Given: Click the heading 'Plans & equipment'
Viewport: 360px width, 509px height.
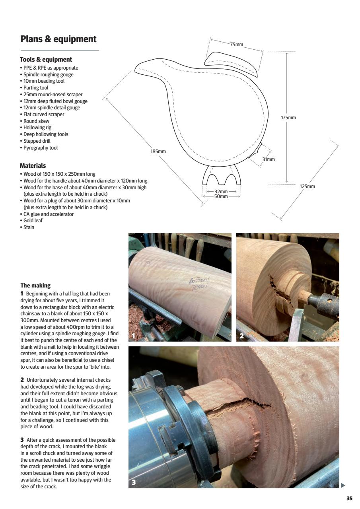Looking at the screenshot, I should (x=58, y=39).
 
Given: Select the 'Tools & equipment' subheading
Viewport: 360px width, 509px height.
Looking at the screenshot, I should (x=46, y=60).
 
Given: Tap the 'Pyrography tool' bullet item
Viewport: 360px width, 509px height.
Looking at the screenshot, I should (x=40, y=148).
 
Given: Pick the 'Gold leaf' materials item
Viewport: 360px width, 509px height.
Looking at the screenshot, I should (x=33, y=221).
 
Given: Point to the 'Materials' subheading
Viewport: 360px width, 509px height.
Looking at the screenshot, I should (x=33, y=166).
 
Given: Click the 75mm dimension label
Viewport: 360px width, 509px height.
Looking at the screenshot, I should (x=237, y=45).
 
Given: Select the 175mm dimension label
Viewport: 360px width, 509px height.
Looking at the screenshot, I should (x=288, y=118).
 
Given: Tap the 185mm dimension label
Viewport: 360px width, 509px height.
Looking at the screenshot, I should (x=158, y=152).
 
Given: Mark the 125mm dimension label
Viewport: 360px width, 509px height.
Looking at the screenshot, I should (x=307, y=187).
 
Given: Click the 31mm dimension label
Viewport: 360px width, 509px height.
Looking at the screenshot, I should (x=269, y=159).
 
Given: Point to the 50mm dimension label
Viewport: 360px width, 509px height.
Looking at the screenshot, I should (x=221, y=196).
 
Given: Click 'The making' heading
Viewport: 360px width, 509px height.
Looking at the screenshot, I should (x=35, y=286).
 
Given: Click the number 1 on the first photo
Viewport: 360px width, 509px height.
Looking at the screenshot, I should (x=134, y=336).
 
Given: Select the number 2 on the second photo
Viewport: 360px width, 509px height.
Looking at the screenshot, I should (x=241, y=336).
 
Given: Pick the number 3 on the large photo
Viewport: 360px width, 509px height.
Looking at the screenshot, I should (x=134, y=482).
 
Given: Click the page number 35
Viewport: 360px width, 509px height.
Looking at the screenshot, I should (x=349, y=499).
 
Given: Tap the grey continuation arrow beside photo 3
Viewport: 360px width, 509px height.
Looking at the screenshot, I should (x=343, y=485).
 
